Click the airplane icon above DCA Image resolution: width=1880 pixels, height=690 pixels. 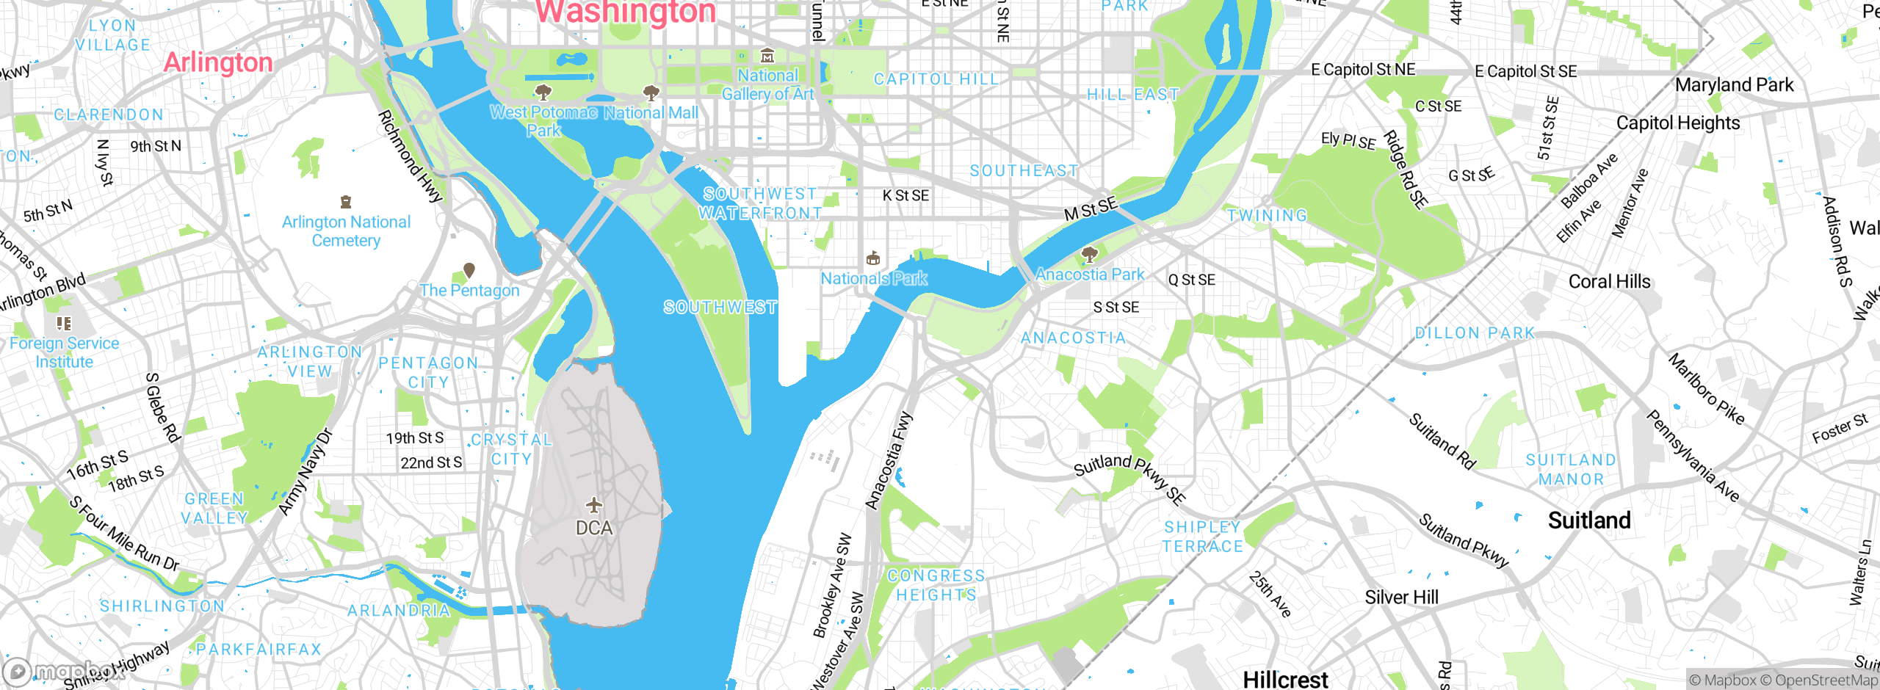[x=593, y=505]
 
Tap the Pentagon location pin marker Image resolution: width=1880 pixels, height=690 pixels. [x=469, y=270]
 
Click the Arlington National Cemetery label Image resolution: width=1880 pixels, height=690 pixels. [x=346, y=230]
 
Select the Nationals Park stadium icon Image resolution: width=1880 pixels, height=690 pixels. [x=873, y=258]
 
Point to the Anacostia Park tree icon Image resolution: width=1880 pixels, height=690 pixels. [x=1090, y=255]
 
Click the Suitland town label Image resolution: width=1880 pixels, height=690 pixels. [x=1589, y=520]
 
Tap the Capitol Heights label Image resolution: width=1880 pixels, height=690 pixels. [x=1678, y=123]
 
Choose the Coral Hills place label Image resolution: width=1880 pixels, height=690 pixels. [x=1609, y=282]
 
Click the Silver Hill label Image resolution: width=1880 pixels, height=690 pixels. [x=1401, y=598]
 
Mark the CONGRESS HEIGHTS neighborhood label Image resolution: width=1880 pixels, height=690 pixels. [x=936, y=585]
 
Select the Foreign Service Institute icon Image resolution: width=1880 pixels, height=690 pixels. [x=64, y=323]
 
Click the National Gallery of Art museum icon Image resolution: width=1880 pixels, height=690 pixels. [x=767, y=56]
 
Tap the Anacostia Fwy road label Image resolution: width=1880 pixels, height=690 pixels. [x=889, y=461]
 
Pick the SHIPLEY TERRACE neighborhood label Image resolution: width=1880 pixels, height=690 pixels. [x=1202, y=537]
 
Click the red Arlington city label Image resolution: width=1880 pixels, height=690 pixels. [x=218, y=62]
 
